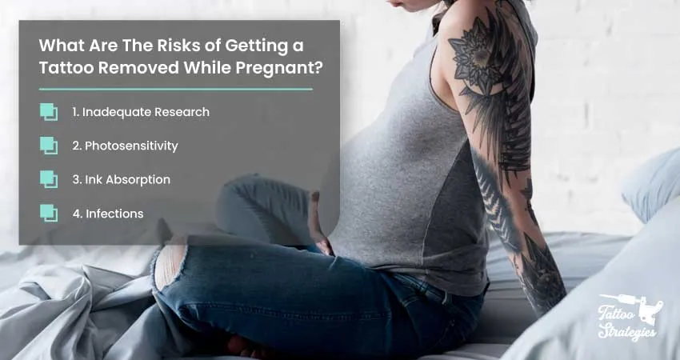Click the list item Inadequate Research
[141, 112]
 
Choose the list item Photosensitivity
[125, 146]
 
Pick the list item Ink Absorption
[122, 179]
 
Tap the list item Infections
[108, 214]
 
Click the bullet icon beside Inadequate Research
[49, 112]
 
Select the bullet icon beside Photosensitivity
[49, 146]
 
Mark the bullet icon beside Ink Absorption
[49, 179]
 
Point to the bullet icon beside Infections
[49, 214]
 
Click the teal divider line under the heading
[176, 90]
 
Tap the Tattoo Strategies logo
[629, 317]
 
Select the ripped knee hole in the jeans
[170, 264]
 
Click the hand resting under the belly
[320, 226]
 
